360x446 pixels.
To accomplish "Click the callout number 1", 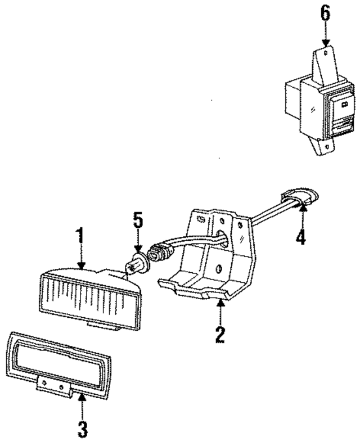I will (81, 236).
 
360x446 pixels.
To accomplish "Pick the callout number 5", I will (138, 220).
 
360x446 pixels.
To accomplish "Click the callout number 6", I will (325, 14).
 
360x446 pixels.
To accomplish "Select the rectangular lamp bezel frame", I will (59, 360).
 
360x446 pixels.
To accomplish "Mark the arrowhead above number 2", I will (220, 304).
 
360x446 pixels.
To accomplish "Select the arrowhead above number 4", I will (301, 209).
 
